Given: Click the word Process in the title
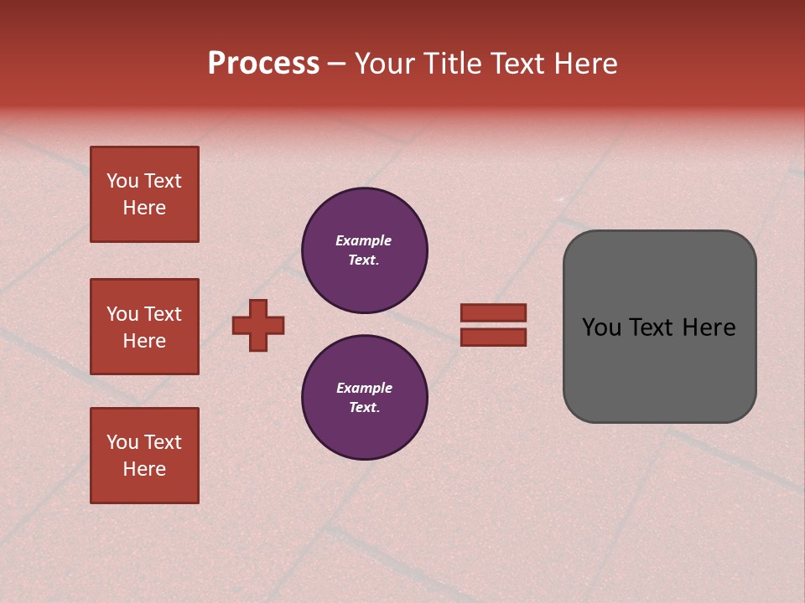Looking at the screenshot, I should tap(263, 64).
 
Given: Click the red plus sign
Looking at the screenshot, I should tap(258, 325).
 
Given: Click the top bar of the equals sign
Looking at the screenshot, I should tap(494, 312).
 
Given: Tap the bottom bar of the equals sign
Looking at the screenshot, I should tap(494, 337).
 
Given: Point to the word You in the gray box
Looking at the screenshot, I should tap(601, 327).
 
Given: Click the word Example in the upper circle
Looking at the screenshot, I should tap(364, 240).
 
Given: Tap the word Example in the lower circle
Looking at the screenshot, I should tap(364, 388).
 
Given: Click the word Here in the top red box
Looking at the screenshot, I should tap(144, 208).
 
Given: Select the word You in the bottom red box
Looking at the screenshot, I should tap(122, 442).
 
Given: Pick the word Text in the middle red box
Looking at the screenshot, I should tap(162, 314).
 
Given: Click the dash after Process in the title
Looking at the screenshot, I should tap(336, 64).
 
